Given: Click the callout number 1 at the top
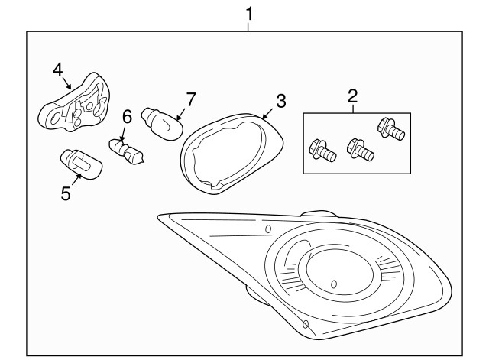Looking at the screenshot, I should pos(248,13).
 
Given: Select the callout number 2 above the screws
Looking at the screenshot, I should pos(352,97).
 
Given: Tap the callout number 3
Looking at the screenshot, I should pos(280,100).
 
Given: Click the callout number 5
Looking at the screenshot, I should pos(66,193).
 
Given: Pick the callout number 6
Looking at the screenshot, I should pos(127,115).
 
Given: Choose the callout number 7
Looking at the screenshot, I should pos(190,99).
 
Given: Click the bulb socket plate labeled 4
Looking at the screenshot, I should pos(75,105).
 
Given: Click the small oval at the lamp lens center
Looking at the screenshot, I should pos(334,284).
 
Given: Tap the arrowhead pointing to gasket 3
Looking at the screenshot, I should pos(264,115).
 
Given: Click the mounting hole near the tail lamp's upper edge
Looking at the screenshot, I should pos(267,229).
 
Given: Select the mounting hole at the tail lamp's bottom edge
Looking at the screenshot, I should pos(305,325).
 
